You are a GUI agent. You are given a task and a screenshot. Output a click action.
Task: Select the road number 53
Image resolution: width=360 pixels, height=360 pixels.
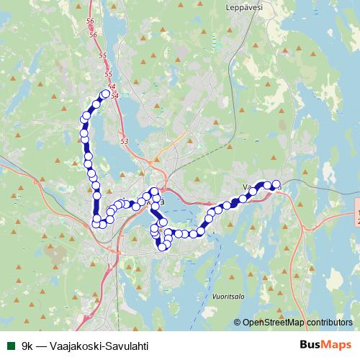(x=125, y=141)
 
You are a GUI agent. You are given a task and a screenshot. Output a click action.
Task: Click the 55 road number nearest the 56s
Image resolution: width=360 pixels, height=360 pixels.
(x=101, y=55)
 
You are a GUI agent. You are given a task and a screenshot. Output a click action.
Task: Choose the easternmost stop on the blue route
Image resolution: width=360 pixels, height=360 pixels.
(x=276, y=184)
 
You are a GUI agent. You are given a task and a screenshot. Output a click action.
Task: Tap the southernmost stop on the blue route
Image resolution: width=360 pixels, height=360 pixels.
(x=163, y=247)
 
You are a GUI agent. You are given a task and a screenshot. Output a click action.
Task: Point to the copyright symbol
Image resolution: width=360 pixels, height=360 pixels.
(x=237, y=323)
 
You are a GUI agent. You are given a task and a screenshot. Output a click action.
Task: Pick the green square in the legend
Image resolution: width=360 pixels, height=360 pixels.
(x=11, y=346)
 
